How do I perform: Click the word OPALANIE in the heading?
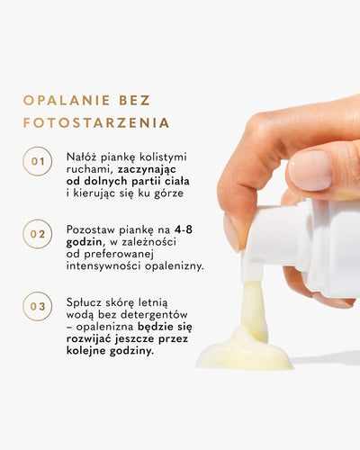point(67,100)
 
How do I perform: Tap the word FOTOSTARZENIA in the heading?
point(96,122)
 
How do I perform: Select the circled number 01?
point(38,161)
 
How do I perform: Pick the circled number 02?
point(38,234)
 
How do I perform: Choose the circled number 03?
point(38,306)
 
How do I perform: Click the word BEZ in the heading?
point(135,100)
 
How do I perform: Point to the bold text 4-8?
point(184,229)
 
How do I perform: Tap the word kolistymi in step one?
point(163,157)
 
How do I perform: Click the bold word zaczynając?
point(147,169)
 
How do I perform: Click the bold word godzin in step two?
point(84,242)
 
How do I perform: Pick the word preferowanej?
point(119,255)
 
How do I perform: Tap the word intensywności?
point(104,266)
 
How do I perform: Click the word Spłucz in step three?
point(84,302)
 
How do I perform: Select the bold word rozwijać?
point(89,339)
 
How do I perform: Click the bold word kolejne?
point(86,351)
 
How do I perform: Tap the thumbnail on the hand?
point(310,170)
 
